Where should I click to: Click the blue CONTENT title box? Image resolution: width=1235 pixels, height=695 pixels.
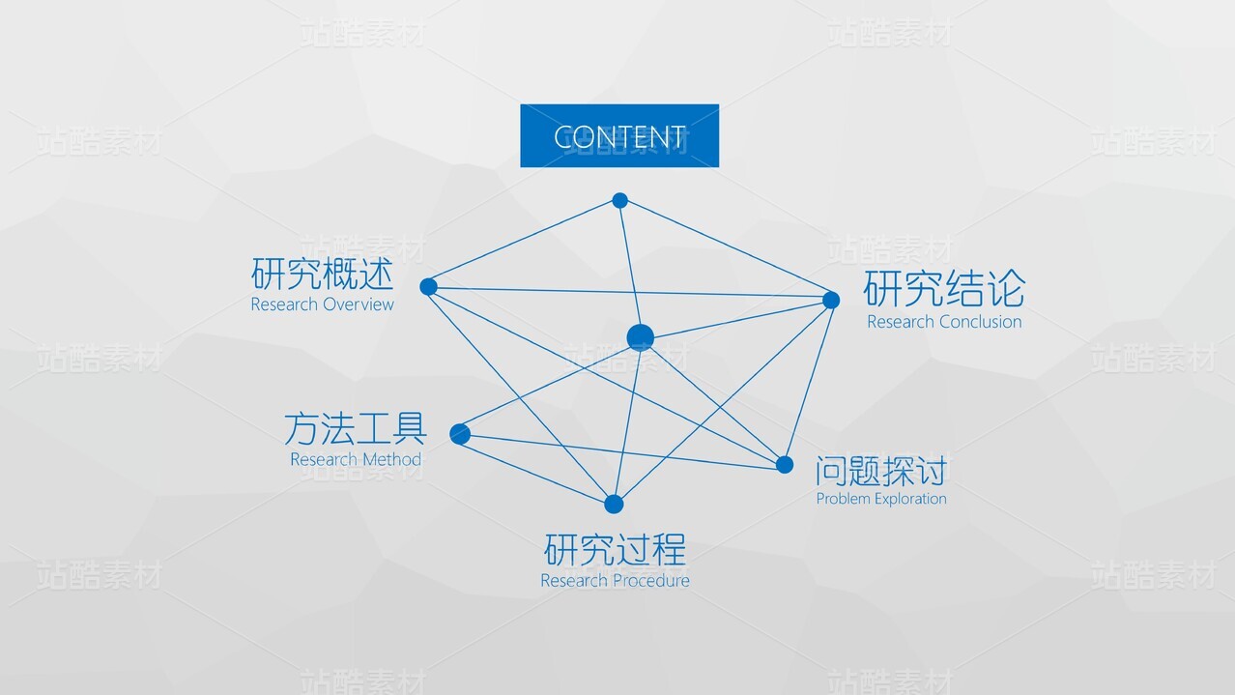[619, 135]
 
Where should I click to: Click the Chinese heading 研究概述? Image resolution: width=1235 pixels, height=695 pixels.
[323, 274]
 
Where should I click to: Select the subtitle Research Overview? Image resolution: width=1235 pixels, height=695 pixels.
[323, 304]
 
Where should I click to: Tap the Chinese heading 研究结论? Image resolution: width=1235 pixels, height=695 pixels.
[943, 289]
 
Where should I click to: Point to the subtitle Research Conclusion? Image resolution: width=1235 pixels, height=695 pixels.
[944, 322]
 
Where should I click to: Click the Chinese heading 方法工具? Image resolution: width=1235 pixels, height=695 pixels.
[356, 428]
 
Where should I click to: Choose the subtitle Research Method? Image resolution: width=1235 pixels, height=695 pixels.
[356, 459]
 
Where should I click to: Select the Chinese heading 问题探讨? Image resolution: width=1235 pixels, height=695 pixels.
[880, 471]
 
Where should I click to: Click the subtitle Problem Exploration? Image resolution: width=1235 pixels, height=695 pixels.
[881, 499]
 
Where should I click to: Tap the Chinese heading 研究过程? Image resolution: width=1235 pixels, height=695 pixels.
[615, 551]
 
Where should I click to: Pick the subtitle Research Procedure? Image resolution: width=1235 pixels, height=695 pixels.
[615, 581]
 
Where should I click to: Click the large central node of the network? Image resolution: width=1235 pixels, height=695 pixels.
[640, 337]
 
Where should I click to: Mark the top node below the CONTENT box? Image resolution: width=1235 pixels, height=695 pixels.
[619, 200]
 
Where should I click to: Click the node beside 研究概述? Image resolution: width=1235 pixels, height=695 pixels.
[428, 286]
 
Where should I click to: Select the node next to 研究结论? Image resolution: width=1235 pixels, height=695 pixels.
[831, 300]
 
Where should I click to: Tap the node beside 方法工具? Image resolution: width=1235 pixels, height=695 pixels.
[460, 434]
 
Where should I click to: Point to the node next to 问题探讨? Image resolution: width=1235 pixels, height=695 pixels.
[785, 465]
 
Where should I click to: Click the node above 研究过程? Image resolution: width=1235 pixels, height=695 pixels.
[614, 504]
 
